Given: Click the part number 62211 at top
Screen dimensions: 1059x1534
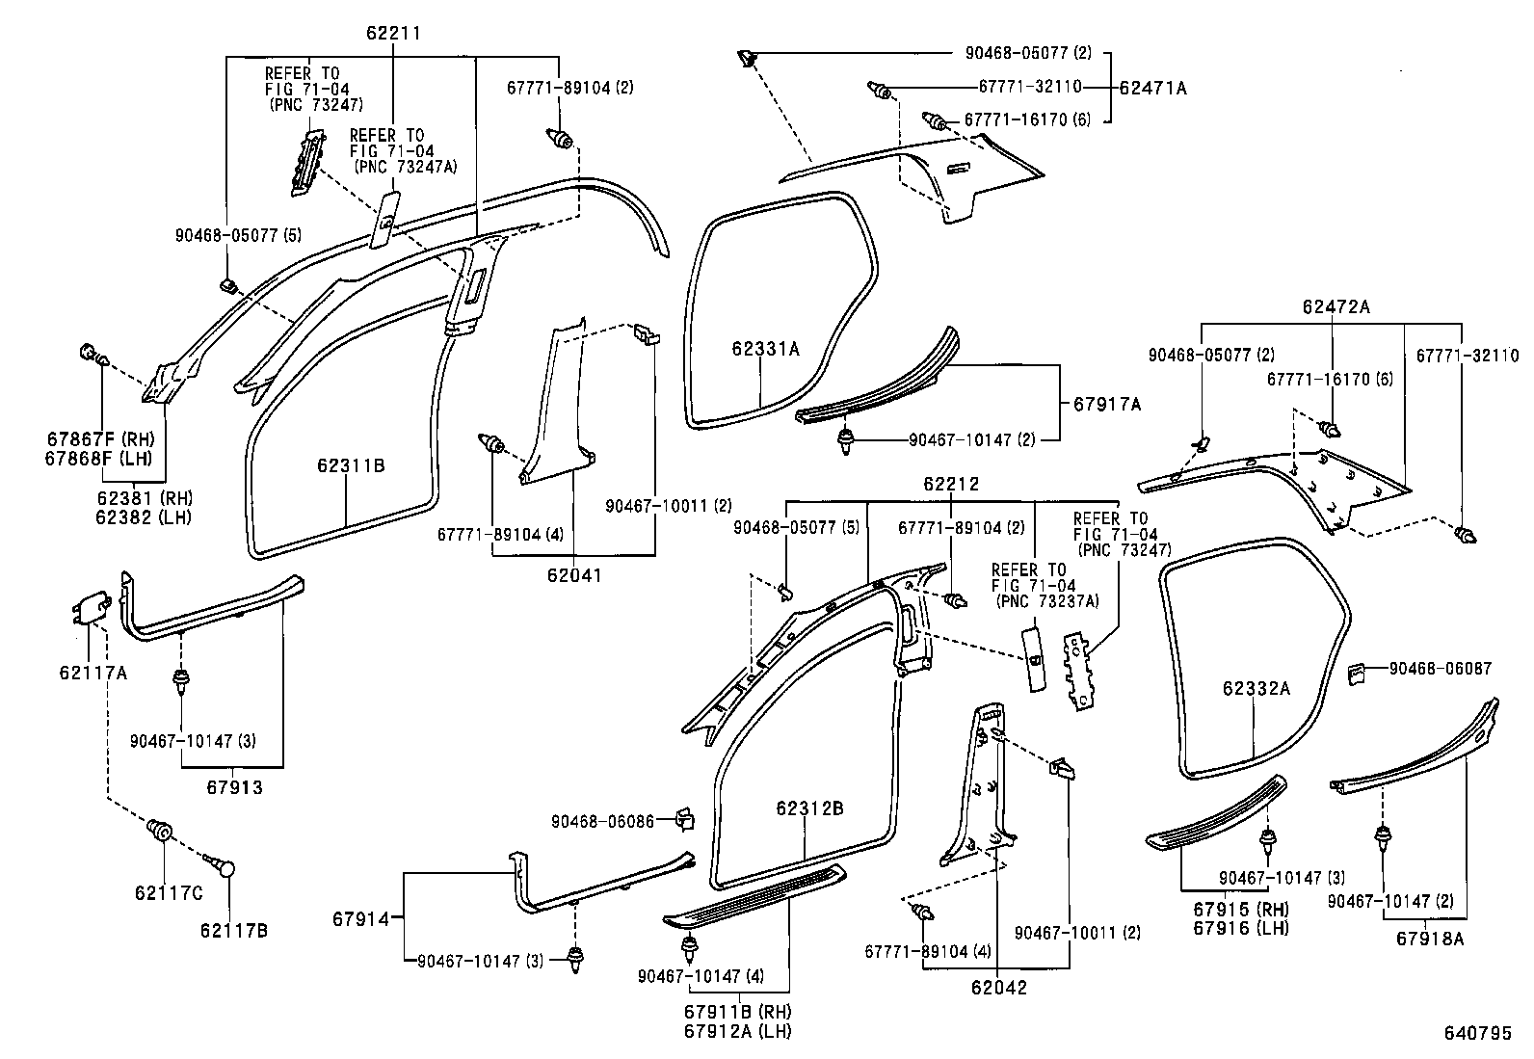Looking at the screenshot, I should [x=393, y=34].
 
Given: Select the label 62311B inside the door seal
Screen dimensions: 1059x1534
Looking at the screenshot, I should [x=351, y=465].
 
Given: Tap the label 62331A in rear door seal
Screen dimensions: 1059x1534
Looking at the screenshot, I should [x=765, y=349].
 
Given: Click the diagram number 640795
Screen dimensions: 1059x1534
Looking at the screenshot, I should [x=1477, y=1033].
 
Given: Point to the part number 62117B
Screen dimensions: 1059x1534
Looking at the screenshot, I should [x=233, y=930].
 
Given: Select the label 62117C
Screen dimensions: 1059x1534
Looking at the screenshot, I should [x=169, y=893].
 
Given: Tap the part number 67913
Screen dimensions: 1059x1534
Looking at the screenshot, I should [x=234, y=787].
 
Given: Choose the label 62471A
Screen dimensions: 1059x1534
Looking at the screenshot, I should [x=1153, y=88].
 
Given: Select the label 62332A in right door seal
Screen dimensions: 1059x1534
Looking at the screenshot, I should [x=1256, y=688].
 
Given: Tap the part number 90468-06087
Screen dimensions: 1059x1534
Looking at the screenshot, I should [x=1441, y=668].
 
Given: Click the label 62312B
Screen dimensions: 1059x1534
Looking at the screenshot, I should [x=809, y=808].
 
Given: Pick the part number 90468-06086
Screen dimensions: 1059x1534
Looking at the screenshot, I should [x=602, y=821].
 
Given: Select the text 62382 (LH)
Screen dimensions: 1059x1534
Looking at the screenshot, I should [x=144, y=516].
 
